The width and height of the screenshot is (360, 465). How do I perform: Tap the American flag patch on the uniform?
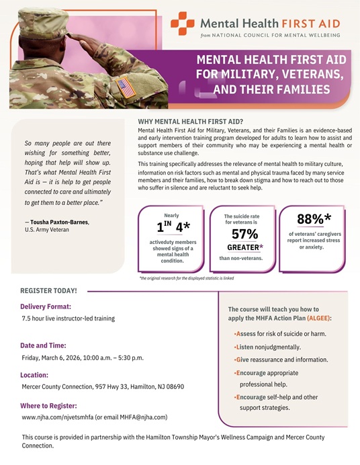pos(126,87)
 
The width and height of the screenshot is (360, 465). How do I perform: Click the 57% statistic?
pos(245,233)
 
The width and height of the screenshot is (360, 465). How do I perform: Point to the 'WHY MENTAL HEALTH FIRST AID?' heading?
pos(190,122)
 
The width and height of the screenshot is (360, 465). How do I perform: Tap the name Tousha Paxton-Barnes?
pos(59,222)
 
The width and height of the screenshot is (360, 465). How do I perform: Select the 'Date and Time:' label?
pos(46,345)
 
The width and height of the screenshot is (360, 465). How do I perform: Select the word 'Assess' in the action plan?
pos(246,333)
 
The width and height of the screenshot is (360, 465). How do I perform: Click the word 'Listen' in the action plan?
pos(244,346)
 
